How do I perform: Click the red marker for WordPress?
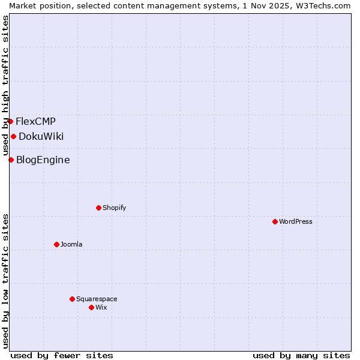(275, 221)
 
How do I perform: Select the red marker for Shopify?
(98, 208)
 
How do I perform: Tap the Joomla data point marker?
(56, 244)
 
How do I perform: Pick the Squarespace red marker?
(72, 299)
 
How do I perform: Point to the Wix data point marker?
(91, 307)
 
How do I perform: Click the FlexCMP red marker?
(10, 121)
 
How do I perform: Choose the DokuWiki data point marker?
(13, 136)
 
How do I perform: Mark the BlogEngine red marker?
(11, 160)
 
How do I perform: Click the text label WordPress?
(296, 221)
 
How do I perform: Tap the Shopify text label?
(114, 208)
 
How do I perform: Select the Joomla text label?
(71, 244)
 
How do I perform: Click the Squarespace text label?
(97, 299)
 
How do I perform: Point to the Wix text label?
(101, 307)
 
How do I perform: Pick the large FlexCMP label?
(35, 121)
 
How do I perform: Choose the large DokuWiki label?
(41, 136)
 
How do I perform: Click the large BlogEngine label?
(43, 160)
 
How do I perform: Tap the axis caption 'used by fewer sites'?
(62, 355)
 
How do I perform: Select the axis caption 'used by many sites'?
(301, 355)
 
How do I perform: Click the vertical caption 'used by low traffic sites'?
(6, 281)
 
